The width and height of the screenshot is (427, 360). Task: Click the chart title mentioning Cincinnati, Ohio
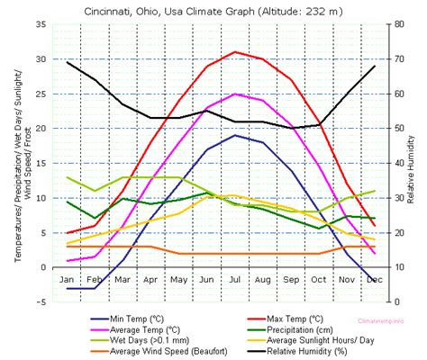213,11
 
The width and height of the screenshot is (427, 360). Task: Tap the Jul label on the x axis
235,280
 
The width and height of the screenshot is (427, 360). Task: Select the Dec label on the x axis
375,280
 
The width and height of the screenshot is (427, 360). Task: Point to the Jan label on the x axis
67,280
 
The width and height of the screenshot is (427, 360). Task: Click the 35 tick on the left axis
40,24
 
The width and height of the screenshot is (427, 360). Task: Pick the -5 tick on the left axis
41,302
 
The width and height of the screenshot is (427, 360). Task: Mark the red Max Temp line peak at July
235,52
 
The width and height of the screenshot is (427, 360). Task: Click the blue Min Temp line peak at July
235,135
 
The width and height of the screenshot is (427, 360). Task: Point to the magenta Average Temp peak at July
235,94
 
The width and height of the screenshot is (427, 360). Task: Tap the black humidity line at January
68,62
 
